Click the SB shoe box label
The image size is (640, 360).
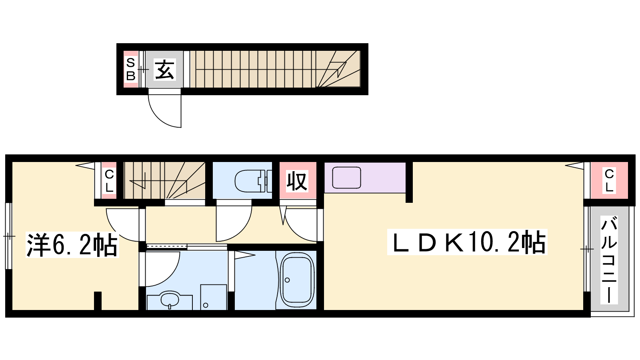coord(130,70)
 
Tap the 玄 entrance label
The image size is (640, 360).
coord(164,70)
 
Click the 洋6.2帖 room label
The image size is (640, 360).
coord(72,245)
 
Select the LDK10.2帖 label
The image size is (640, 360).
coord(467,242)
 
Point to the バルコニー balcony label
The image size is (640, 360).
coord(609,260)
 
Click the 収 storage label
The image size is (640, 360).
coord(297,181)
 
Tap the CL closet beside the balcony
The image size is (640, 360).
coord(609,180)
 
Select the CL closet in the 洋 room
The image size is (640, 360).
coord(109,180)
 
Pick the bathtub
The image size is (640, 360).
coord(297,280)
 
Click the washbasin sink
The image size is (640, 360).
coord(170,300)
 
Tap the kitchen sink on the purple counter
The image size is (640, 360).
coord(346,178)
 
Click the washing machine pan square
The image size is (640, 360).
coord(214,297)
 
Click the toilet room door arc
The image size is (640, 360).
coord(240,232)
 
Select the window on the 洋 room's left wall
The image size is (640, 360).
coord(9,236)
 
